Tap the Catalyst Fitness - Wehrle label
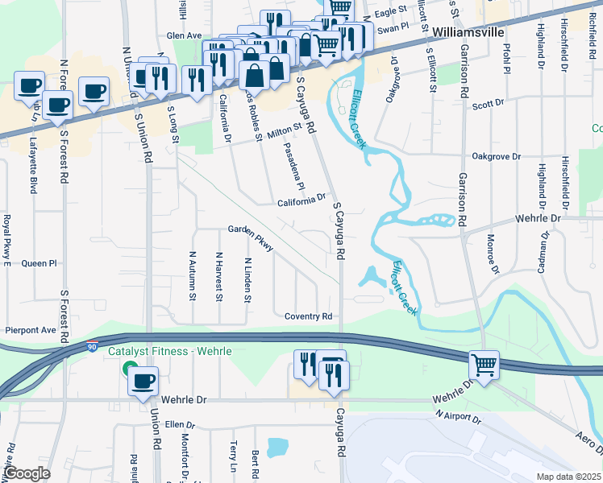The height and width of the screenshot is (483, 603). tap(172, 352)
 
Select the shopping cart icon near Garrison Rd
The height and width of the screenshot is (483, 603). tap(484, 365)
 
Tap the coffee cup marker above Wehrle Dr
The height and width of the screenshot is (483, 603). tap(143, 381)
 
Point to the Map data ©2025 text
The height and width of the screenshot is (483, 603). tap(568, 477)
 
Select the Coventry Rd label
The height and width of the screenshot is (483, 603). tap(308, 316)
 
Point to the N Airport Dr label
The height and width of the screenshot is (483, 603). tap(457, 417)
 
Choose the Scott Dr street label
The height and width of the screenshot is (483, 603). tap(487, 105)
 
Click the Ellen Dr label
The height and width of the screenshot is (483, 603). tap(180, 424)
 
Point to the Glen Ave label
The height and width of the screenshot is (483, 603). tap(183, 36)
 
